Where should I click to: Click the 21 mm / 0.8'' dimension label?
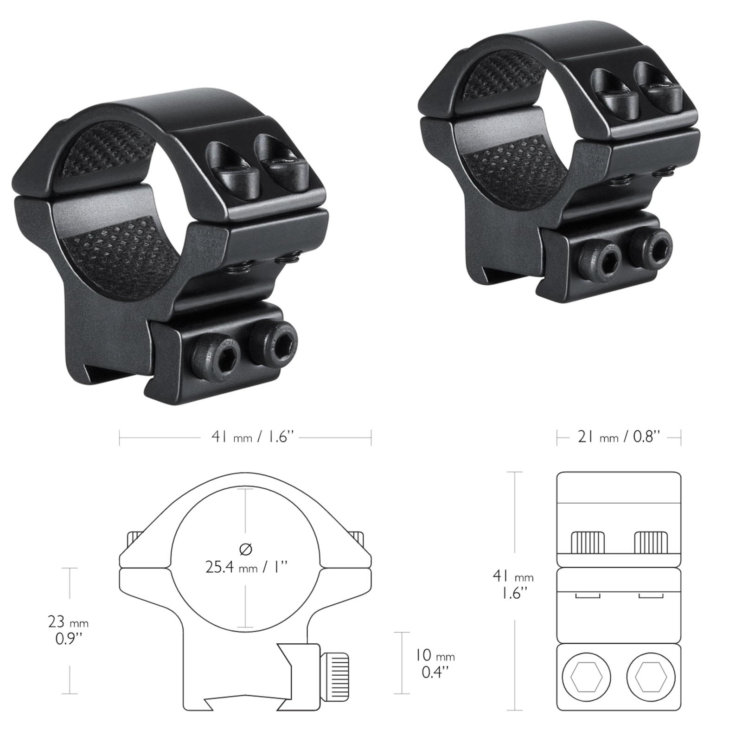pos(619,437)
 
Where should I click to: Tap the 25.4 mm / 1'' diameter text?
pos(246,567)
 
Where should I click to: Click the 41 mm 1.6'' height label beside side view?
pos(513,585)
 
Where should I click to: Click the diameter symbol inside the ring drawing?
pos(245,549)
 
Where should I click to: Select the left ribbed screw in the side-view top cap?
pos(588,542)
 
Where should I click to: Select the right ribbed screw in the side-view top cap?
pos(651,542)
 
